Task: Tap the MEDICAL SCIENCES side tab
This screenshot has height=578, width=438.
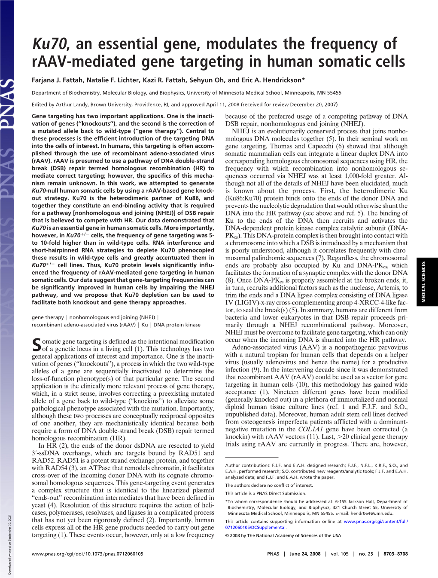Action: coord(423,282)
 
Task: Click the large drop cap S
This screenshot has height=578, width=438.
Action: coord(36,344)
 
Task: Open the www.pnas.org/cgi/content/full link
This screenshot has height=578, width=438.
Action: coord(375,521)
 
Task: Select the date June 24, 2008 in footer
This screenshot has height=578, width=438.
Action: coord(305,554)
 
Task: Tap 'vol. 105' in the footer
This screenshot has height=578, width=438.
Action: coord(340,554)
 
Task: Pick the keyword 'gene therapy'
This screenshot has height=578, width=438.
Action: coord(47,317)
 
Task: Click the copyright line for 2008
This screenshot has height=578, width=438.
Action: coord(283,535)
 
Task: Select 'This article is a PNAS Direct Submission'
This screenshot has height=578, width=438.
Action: coord(265,493)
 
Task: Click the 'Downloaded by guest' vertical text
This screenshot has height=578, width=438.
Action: coord(9,539)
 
